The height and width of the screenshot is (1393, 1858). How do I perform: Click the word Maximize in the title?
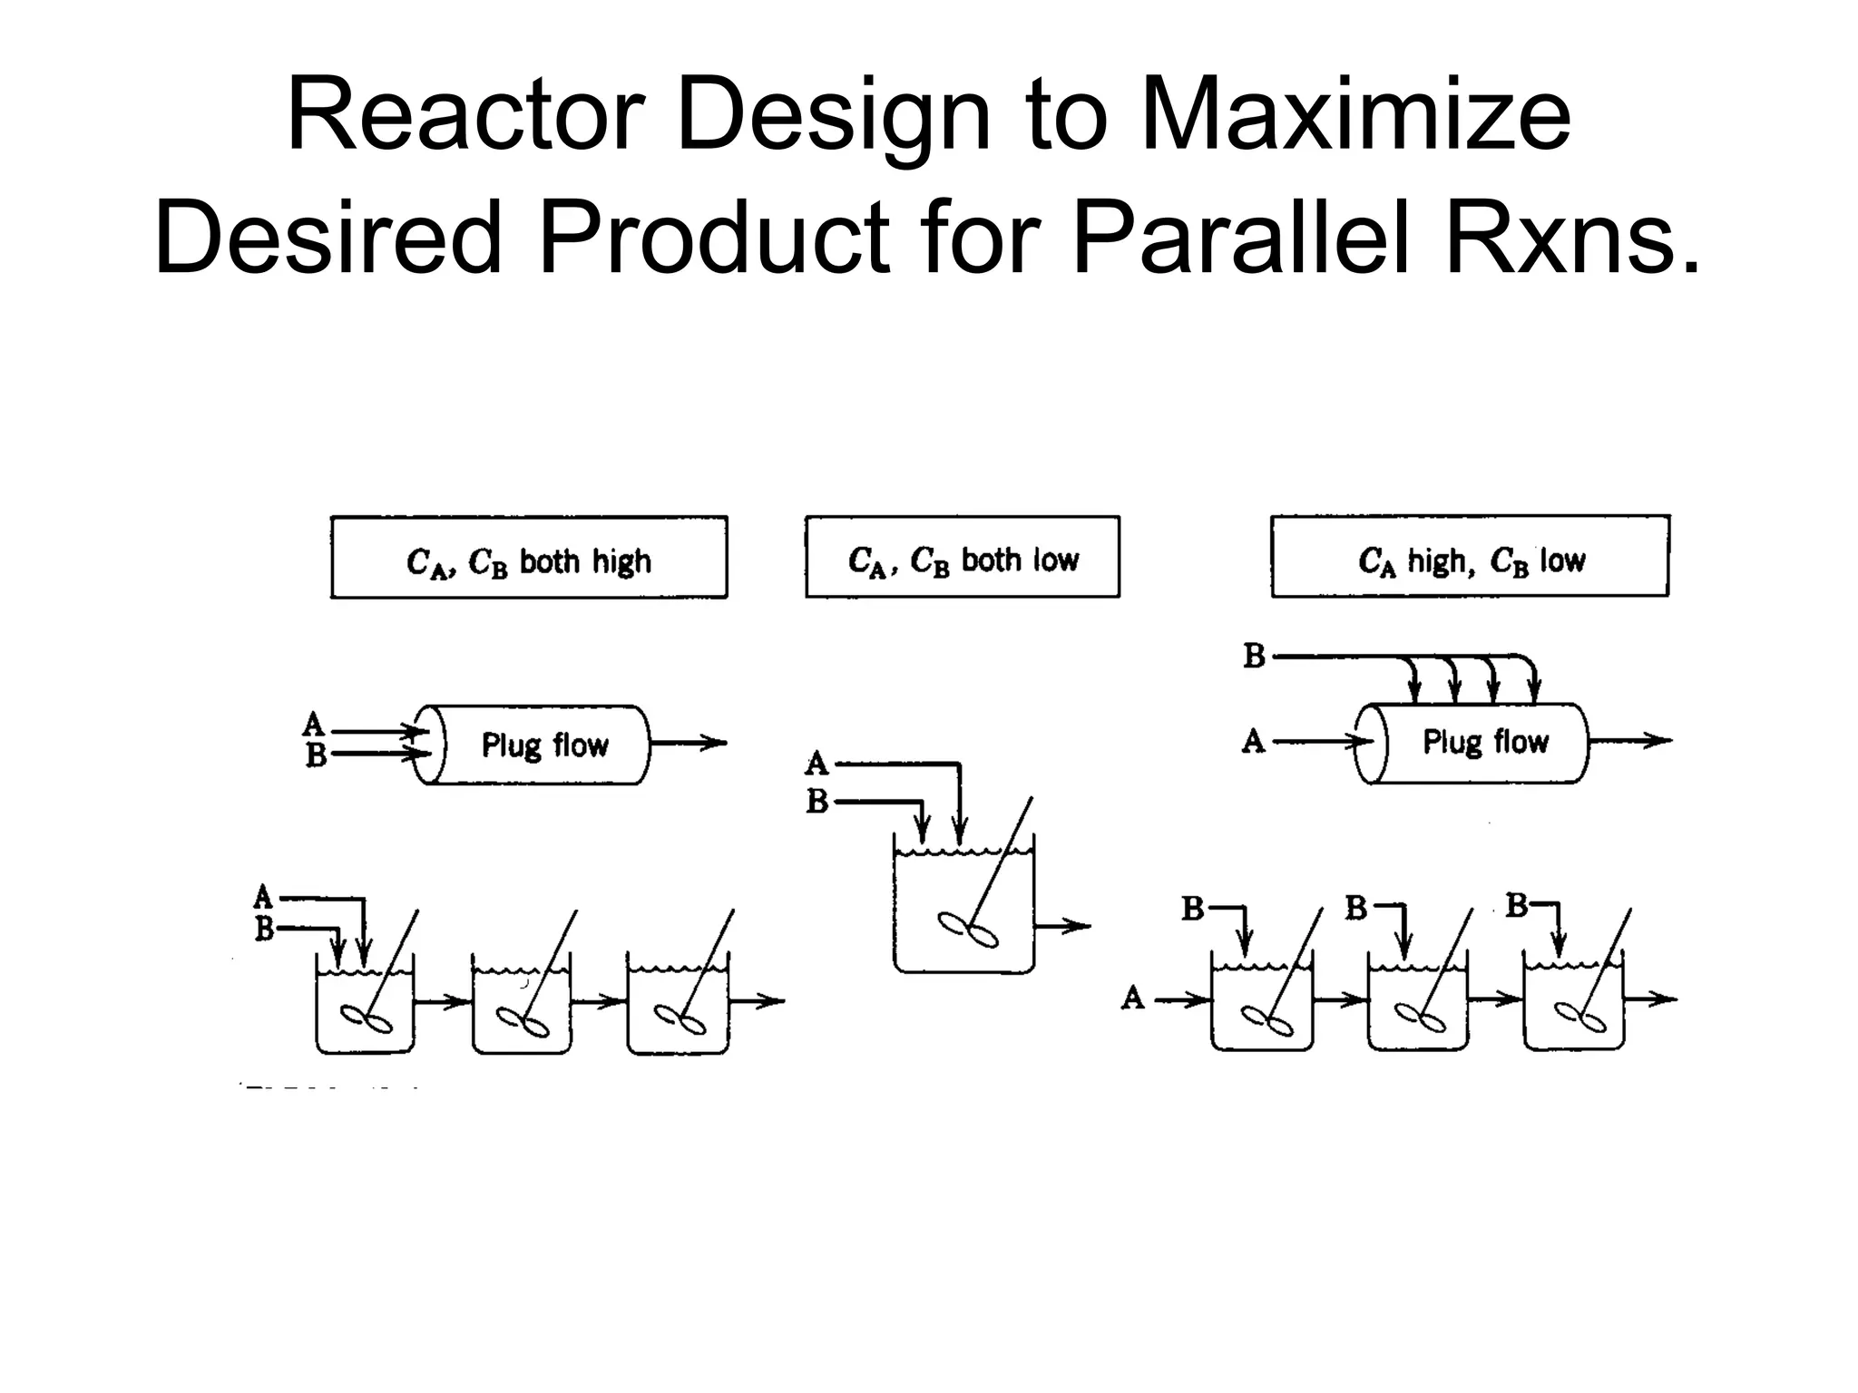1355,116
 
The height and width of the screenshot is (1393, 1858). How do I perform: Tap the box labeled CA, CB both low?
962,558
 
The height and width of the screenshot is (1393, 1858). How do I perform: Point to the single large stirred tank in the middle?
963,907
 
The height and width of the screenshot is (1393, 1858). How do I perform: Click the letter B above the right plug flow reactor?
1254,656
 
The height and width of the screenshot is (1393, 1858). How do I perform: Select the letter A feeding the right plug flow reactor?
1253,742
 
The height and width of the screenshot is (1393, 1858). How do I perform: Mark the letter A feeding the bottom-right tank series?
1132,998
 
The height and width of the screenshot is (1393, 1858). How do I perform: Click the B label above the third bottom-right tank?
1517,905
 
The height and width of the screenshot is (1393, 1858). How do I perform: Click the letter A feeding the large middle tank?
817,764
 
